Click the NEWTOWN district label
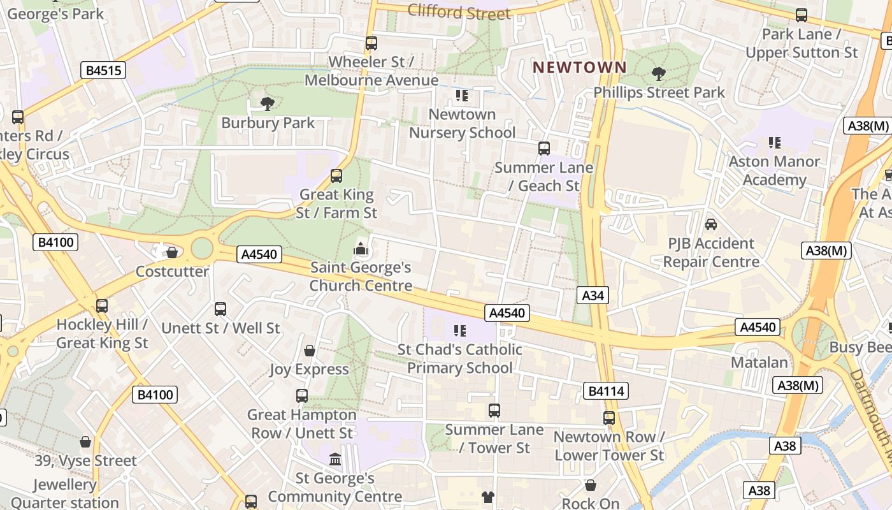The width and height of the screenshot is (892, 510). point(579,67)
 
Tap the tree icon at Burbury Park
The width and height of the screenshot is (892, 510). point(268,103)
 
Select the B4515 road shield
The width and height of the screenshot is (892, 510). point(103,70)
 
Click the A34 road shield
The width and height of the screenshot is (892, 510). point(593,295)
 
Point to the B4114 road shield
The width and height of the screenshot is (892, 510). point(605,391)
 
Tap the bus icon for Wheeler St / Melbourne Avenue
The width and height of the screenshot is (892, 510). point(371,43)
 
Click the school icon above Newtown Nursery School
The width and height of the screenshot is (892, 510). point(461,96)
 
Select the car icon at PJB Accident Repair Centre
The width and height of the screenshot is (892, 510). point(710,224)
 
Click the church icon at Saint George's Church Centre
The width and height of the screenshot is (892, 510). point(361,249)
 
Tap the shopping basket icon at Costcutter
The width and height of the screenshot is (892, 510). point(171,252)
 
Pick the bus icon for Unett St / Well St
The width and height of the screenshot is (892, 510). point(220,309)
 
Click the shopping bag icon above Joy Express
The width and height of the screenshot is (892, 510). point(309,351)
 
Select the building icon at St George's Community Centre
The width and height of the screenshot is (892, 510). point(334,459)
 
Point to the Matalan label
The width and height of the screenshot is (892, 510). point(759,362)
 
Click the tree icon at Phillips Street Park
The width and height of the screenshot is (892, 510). point(658,74)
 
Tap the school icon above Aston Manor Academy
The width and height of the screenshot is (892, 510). point(774,143)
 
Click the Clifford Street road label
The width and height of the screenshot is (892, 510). point(459,11)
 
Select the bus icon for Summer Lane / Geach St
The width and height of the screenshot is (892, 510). point(543,149)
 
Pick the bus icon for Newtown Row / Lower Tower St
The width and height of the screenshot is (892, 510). point(609,418)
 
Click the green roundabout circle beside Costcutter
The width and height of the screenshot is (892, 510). point(201,247)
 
